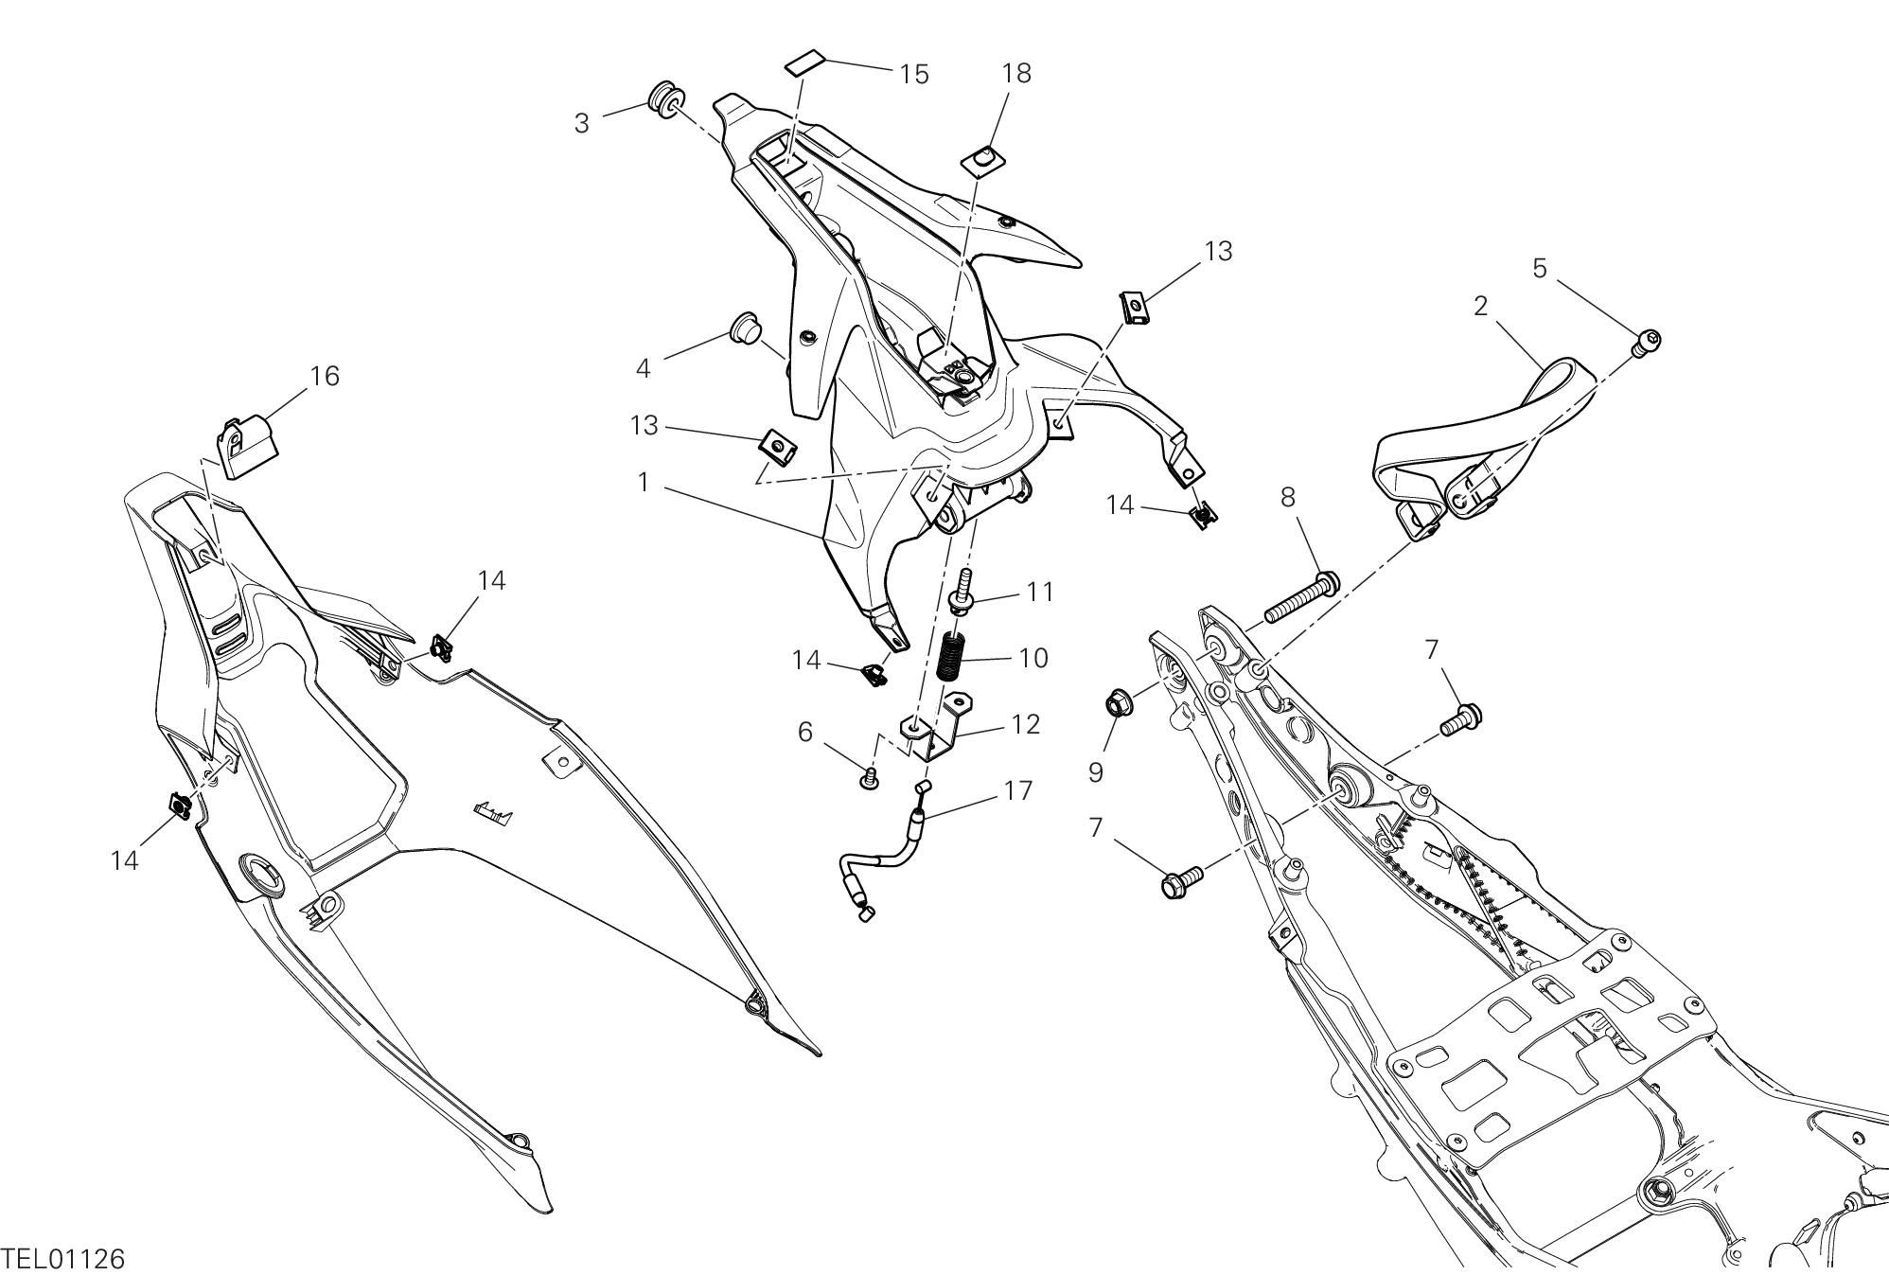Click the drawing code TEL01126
62,1259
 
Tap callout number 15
913,74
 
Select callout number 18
1016,73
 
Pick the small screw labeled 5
1648,340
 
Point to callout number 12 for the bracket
1025,724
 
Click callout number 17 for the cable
1018,790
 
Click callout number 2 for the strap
1480,306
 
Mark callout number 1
644,482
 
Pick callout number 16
325,376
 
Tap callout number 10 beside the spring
1033,658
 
